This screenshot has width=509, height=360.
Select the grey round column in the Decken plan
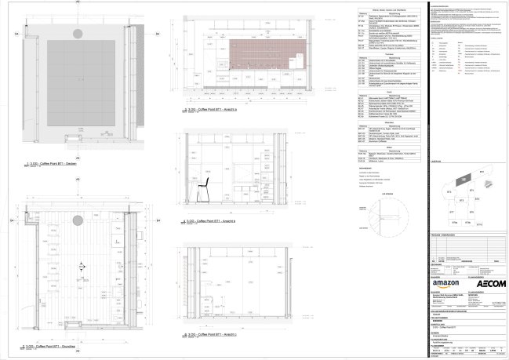78,33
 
